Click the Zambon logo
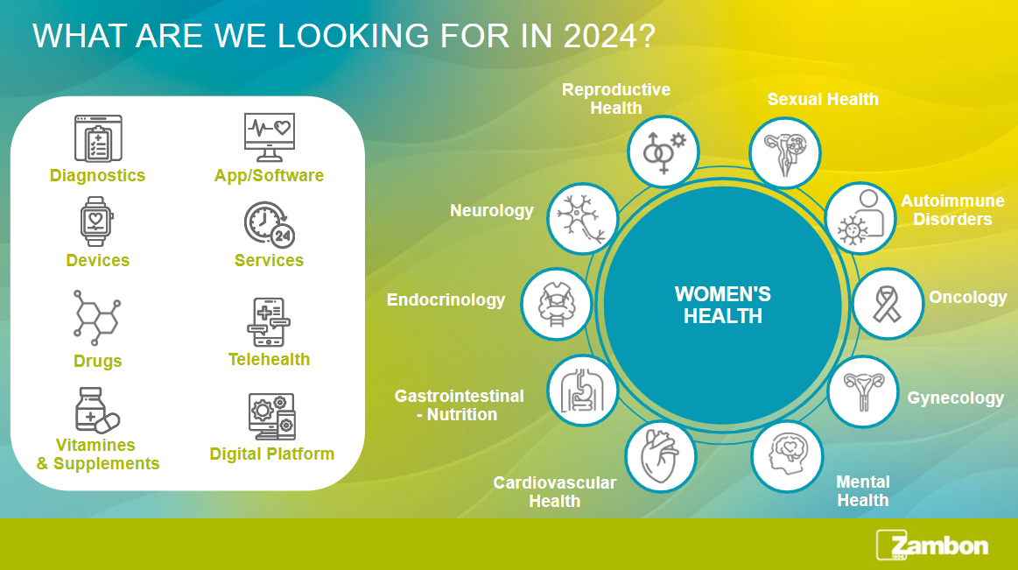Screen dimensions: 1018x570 click(932, 545)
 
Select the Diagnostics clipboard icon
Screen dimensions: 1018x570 click(98, 138)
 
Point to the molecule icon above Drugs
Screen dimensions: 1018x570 click(97, 318)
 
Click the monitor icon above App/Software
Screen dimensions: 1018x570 click(270, 137)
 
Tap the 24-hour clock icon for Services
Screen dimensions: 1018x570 click(270, 225)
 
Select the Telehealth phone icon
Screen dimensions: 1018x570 click(269, 323)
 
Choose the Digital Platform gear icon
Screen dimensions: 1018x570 click(272, 416)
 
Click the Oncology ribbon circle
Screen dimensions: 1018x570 click(888, 304)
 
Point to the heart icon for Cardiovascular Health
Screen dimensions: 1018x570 click(660, 456)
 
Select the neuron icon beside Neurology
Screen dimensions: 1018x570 click(582, 218)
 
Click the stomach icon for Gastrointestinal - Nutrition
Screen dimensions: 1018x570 click(582, 391)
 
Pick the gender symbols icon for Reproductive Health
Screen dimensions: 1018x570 click(663, 152)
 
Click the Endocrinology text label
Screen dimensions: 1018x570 click(446, 300)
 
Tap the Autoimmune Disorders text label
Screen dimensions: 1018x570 click(952, 209)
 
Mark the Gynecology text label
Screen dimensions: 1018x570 click(956, 398)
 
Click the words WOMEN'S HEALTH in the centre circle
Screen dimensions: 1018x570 click(723, 305)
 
